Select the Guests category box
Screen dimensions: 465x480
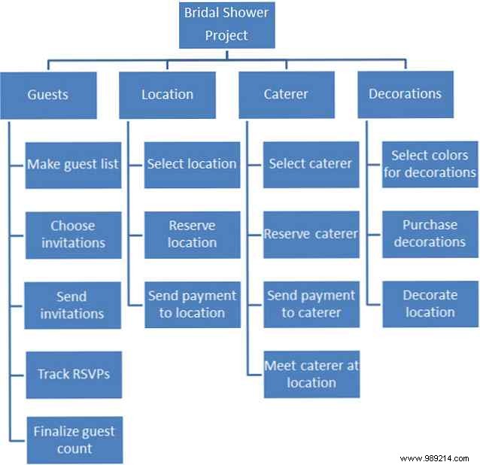point(48,95)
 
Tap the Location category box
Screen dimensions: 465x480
point(168,95)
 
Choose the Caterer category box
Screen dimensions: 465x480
point(287,95)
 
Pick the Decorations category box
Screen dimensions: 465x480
point(405,94)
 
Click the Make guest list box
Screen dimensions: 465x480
point(73,163)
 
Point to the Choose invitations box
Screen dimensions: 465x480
point(73,234)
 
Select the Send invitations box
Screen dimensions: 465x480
point(73,305)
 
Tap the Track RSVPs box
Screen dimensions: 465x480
point(73,374)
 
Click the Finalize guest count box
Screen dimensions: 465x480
point(73,440)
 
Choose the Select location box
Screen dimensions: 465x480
point(192,163)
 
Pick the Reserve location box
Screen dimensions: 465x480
point(192,234)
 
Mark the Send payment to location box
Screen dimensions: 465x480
point(192,304)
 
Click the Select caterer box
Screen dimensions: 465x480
point(311,163)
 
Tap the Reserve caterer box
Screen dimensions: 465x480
point(311,234)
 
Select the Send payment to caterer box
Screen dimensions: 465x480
point(311,304)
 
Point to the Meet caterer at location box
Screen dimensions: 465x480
point(311,374)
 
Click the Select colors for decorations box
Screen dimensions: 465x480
point(430,163)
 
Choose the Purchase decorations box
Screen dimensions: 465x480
point(430,234)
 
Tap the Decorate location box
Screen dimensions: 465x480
point(430,304)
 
